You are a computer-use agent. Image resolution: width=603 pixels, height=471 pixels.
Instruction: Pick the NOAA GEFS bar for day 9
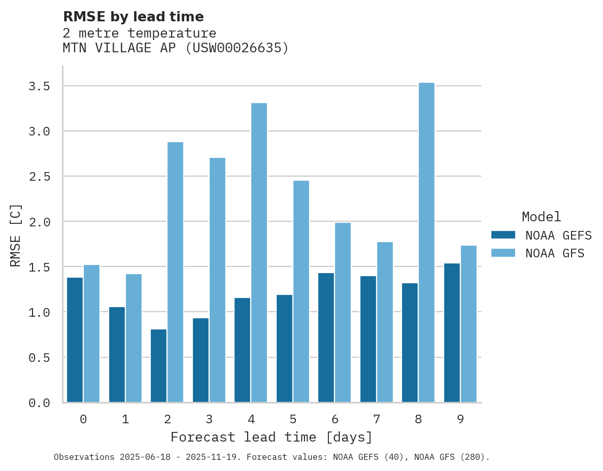(x=452, y=332)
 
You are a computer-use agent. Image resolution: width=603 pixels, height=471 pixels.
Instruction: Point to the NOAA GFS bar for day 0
(x=91, y=333)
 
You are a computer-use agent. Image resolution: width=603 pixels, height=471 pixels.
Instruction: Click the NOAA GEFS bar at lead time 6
(x=326, y=338)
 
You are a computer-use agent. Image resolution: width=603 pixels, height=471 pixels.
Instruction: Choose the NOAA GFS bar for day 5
(x=300, y=291)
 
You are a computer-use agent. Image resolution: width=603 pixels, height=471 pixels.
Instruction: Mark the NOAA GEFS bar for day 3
(x=200, y=360)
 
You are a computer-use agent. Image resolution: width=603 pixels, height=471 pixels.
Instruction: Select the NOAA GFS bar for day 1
(x=133, y=338)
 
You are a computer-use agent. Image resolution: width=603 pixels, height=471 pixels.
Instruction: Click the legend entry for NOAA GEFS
(x=558, y=236)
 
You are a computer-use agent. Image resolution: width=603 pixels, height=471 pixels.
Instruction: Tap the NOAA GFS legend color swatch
(x=503, y=253)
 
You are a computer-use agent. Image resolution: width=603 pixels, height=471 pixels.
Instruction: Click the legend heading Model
(x=541, y=217)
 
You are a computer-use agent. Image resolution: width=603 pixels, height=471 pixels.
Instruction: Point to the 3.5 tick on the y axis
(x=39, y=86)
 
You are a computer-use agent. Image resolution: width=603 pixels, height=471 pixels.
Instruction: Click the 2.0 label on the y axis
(x=39, y=222)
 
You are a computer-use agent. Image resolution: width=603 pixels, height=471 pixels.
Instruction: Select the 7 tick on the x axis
(x=376, y=419)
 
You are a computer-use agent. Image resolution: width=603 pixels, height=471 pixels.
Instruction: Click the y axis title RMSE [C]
(x=16, y=235)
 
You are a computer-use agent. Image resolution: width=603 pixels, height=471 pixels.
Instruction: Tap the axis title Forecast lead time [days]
(x=272, y=437)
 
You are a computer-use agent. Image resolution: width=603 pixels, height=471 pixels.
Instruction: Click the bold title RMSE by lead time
(x=133, y=17)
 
